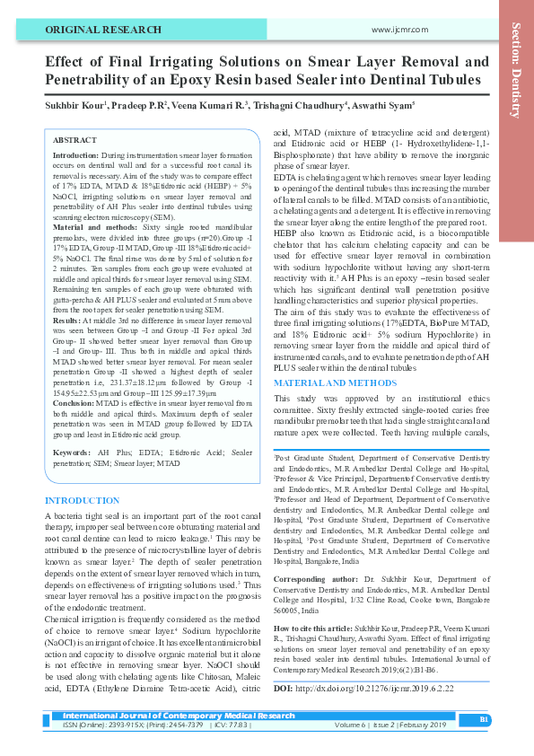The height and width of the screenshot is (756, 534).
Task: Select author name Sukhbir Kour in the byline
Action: pos(74,104)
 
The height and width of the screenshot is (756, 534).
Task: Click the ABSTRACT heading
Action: pos(75,141)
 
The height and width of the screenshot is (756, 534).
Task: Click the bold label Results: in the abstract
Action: pos(69,320)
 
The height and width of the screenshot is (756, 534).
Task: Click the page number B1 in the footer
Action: pos(484,719)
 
